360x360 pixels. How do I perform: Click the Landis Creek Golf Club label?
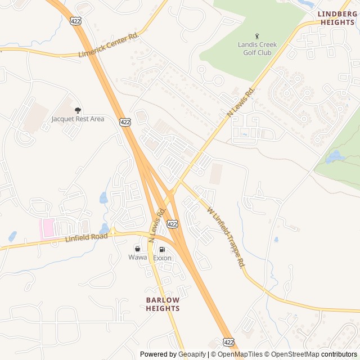[x=254, y=48]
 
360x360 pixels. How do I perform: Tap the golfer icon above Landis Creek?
[x=258, y=37]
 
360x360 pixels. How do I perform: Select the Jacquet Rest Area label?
[x=78, y=119]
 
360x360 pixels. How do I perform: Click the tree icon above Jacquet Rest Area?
[x=78, y=110]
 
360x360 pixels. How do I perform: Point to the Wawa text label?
[x=137, y=257]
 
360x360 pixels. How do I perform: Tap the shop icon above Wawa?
[x=137, y=249]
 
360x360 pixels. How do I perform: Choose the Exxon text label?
[x=162, y=258]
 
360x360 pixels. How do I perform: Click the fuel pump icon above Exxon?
[x=162, y=250]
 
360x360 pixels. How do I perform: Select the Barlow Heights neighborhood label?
[x=163, y=304]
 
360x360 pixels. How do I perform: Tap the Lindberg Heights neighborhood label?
[x=337, y=18]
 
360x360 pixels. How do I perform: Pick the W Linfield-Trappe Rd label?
[x=226, y=236]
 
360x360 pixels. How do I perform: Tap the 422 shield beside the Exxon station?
[x=173, y=224]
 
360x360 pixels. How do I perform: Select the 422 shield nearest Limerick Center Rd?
[x=75, y=21]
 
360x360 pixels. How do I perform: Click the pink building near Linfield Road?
[x=47, y=228]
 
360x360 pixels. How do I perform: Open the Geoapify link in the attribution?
[x=191, y=354]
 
